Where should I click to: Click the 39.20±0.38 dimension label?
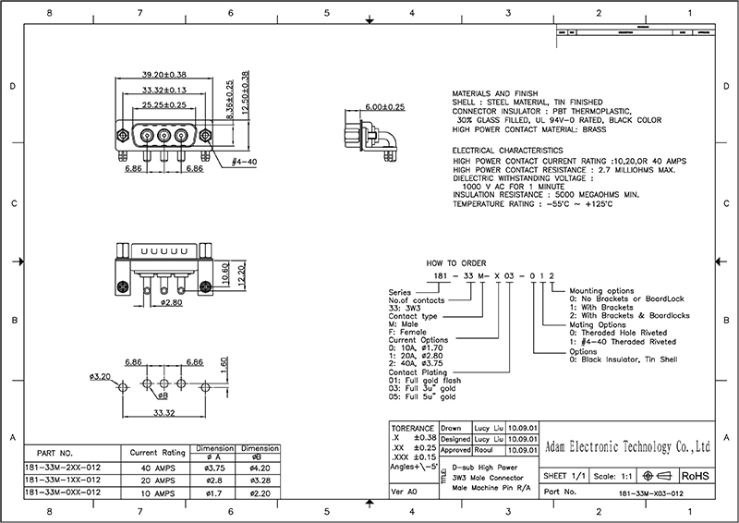point(164,74)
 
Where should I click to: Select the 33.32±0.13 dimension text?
point(164,90)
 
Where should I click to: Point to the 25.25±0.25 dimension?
point(164,105)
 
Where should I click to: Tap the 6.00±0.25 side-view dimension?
point(385,107)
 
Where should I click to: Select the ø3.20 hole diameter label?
point(100,377)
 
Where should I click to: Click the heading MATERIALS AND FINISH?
point(492,94)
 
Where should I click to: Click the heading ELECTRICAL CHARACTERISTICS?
point(507,150)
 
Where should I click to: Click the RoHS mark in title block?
point(696,475)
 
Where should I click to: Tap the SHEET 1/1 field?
point(565,475)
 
